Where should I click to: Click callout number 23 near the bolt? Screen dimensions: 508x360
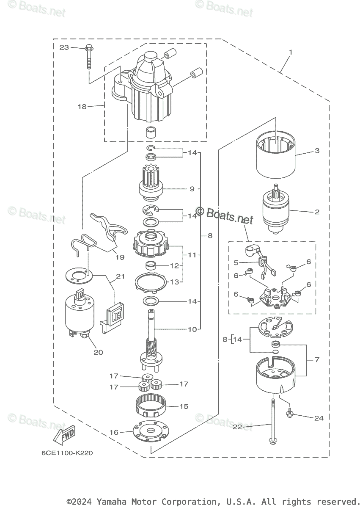(64, 47)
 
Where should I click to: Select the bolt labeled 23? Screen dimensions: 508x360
(90, 55)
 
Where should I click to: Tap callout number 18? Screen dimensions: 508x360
(82, 107)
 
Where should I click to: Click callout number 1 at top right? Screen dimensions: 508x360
(291, 52)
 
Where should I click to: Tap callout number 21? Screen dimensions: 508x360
(120, 276)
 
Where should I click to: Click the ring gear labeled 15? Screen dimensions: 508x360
(151, 407)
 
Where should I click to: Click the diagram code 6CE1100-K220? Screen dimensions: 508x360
(67, 453)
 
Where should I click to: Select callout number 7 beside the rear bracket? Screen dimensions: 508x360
(317, 359)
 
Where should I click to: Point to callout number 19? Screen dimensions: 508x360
(120, 257)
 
